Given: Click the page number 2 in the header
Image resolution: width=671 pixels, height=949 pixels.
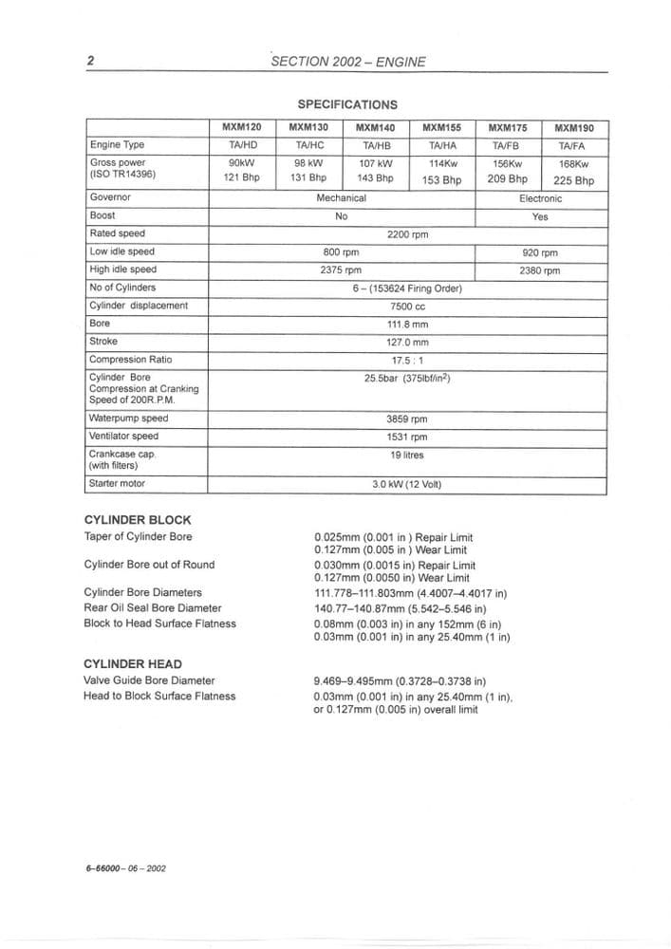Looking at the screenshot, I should pyautogui.click(x=90, y=62).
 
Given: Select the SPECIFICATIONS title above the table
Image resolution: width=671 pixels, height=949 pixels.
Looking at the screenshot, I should pyautogui.click(x=347, y=104).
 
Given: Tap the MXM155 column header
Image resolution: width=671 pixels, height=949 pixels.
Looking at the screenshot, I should pyautogui.click(x=441, y=127).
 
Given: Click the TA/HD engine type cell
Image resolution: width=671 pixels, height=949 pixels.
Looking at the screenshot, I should pyautogui.click(x=242, y=145).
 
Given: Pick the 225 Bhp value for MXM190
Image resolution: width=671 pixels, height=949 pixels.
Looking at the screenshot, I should pyautogui.click(x=573, y=180).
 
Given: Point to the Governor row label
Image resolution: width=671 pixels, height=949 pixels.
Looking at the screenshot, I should pyautogui.click(x=110, y=198).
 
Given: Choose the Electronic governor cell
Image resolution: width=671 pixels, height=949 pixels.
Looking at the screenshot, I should pyautogui.click(x=540, y=198).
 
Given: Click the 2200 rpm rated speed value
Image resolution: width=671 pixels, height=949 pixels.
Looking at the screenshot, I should pyautogui.click(x=407, y=233).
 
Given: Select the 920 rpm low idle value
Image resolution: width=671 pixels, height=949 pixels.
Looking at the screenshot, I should pyautogui.click(x=540, y=252).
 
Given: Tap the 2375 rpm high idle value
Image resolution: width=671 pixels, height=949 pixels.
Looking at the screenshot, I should pyautogui.click(x=341, y=270).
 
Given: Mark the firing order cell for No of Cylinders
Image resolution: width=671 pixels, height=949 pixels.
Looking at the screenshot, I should pyautogui.click(x=407, y=288).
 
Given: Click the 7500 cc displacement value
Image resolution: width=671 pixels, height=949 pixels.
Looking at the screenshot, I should pyautogui.click(x=407, y=306).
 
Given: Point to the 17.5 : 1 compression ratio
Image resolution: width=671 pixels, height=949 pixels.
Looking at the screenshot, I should pyautogui.click(x=407, y=360).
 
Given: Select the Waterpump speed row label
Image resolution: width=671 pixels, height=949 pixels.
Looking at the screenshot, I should pyautogui.click(x=128, y=419).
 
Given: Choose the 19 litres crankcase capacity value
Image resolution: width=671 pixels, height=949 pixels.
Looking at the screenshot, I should pyautogui.click(x=407, y=455).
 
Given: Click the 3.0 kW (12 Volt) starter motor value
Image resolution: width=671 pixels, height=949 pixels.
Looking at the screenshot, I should pyautogui.click(x=407, y=484).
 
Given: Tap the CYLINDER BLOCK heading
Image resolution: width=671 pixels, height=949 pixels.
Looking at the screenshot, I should pyautogui.click(x=138, y=520).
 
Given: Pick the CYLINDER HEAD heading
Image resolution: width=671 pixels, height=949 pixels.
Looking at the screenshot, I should pyautogui.click(x=133, y=664).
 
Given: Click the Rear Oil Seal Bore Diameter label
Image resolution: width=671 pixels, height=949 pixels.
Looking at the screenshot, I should pyautogui.click(x=153, y=607).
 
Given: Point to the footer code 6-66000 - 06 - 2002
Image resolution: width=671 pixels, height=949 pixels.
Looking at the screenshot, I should pyautogui.click(x=125, y=867).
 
